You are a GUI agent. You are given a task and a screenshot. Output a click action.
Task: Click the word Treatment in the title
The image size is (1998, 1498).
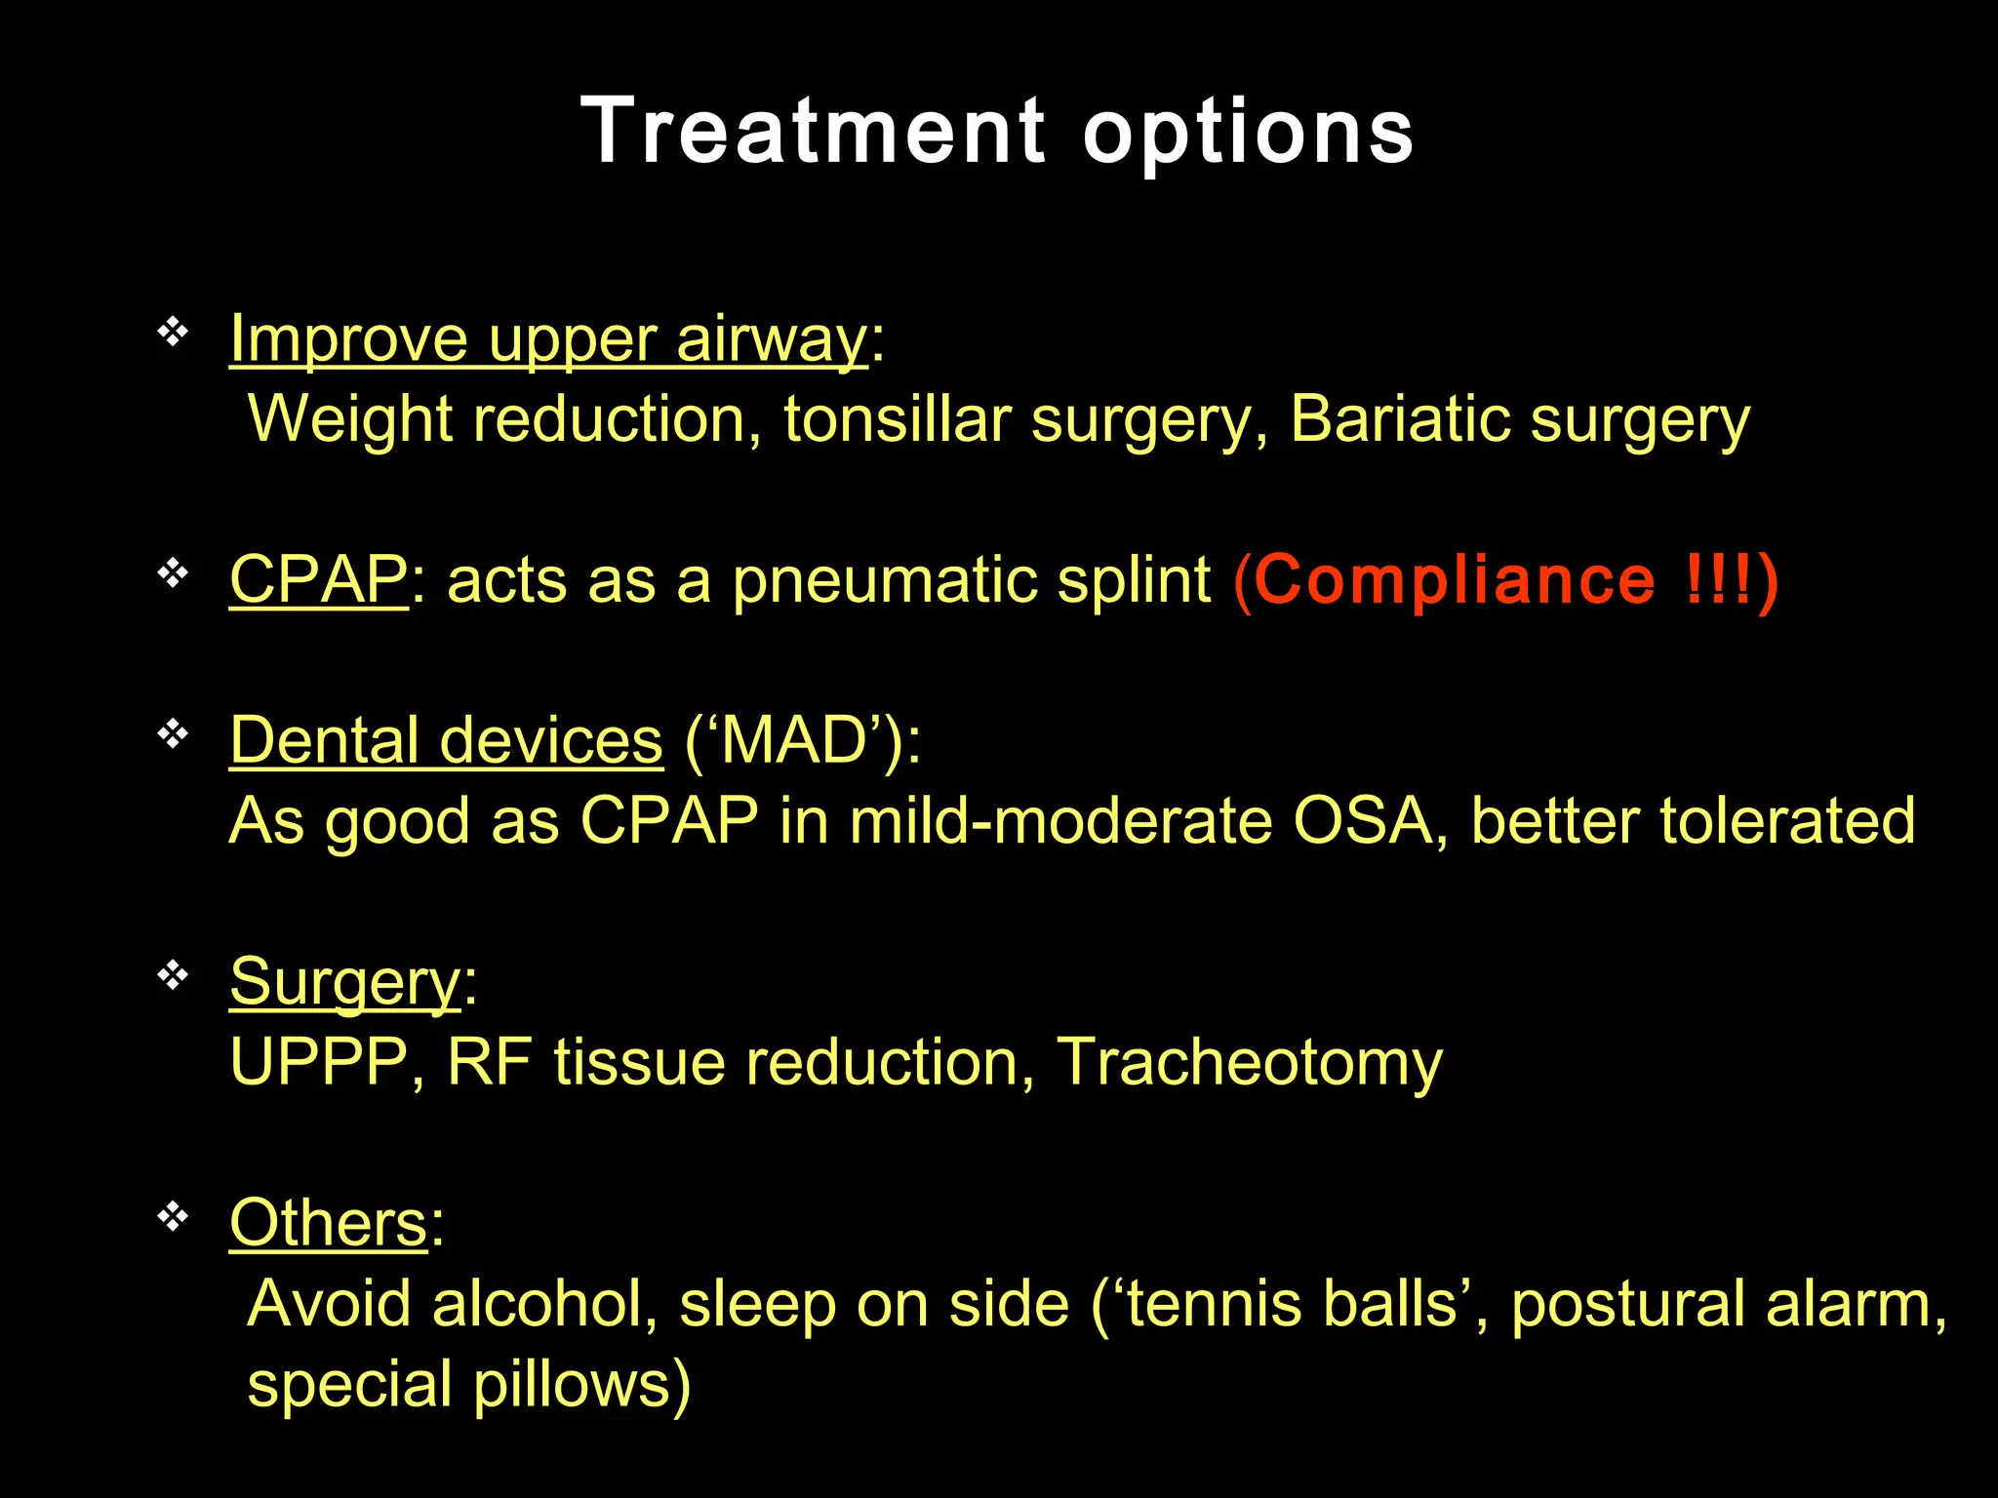pos(814,131)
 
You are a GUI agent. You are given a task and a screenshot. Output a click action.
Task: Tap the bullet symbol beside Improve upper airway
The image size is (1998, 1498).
pos(173,333)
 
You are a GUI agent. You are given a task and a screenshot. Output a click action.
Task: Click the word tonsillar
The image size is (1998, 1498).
pos(897,419)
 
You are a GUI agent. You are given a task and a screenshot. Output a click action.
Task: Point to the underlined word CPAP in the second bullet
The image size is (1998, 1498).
pos(318,579)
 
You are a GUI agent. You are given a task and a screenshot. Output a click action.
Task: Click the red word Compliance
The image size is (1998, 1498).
pos(1455,579)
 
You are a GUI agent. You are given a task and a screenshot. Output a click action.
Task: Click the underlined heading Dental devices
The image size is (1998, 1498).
pos(446,740)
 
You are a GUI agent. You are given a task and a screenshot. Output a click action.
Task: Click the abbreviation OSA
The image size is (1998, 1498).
pos(1362,820)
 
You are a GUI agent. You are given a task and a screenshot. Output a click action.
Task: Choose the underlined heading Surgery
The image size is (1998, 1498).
pos(344,982)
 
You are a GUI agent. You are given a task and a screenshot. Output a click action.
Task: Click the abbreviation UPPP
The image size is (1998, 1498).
pos(318,1061)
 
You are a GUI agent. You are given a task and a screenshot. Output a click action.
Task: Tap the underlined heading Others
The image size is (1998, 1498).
pos(328,1223)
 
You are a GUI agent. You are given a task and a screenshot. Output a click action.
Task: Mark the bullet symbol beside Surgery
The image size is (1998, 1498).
pos(173,974)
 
